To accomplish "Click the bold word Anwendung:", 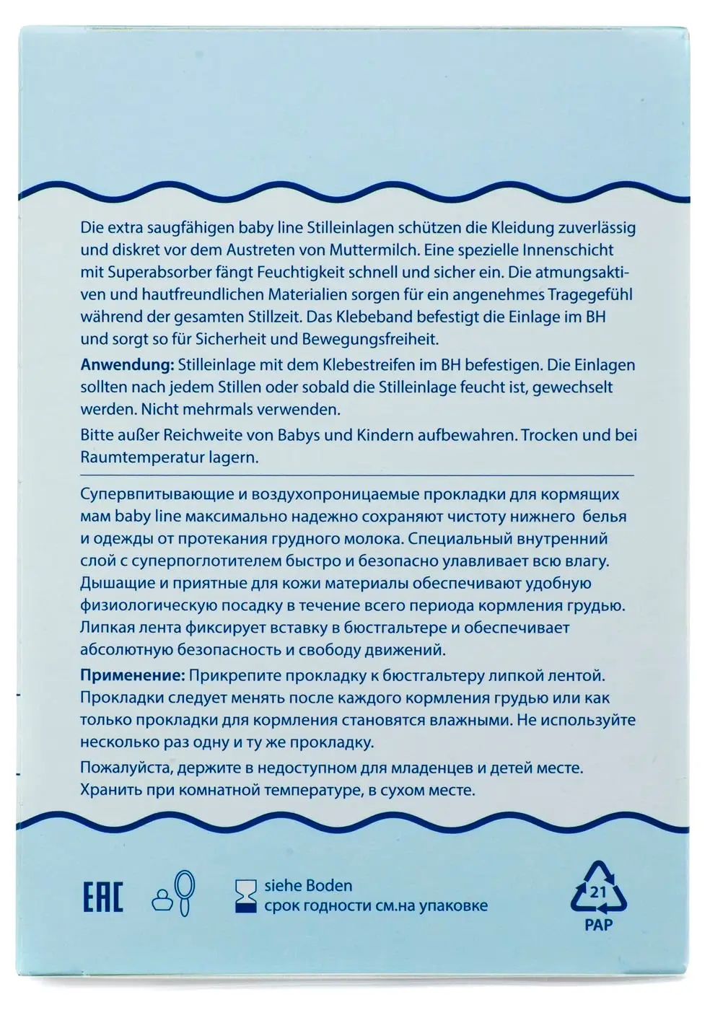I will (x=127, y=365).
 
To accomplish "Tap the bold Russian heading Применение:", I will (x=133, y=676).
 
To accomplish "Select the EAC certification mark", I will (x=103, y=897).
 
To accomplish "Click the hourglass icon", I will (x=246, y=896).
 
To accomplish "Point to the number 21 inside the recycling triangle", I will (x=598, y=892).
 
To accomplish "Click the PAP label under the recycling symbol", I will (x=598, y=925).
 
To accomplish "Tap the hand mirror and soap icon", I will (x=174, y=895).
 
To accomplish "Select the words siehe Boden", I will (x=308, y=886).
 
